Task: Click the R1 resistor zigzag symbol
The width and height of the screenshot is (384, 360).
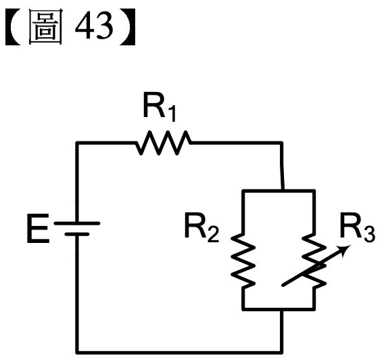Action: (x=164, y=143)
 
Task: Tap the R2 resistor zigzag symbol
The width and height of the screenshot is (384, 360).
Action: (x=243, y=261)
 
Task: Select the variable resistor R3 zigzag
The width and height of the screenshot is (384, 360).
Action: (x=314, y=261)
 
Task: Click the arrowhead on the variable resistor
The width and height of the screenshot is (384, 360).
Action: (x=345, y=250)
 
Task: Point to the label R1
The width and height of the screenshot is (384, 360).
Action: (x=160, y=108)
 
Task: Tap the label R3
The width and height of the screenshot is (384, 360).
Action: (x=358, y=228)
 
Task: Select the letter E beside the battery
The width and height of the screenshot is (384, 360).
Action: (x=38, y=229)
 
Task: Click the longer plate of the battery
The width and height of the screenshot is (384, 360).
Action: (x=77, y=223)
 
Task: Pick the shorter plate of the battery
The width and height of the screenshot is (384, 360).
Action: (x=77, y=234)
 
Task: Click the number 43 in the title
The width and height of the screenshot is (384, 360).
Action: (x=94, y=26)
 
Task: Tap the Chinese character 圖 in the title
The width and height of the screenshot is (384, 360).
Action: (x=45, y=26)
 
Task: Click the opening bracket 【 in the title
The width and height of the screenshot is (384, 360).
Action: (x=13, y=26)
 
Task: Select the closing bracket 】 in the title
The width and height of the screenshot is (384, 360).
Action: (x=127, y=26)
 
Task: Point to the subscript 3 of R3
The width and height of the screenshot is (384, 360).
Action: (x=370, y=235)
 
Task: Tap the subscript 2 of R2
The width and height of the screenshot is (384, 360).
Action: (x=214, y=235)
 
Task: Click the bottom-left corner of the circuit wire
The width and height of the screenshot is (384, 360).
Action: (x=77, y=353)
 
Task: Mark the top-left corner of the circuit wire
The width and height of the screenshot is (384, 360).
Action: (x=77, y=143)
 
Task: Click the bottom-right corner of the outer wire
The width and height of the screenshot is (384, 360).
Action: (x=282, y=353)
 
